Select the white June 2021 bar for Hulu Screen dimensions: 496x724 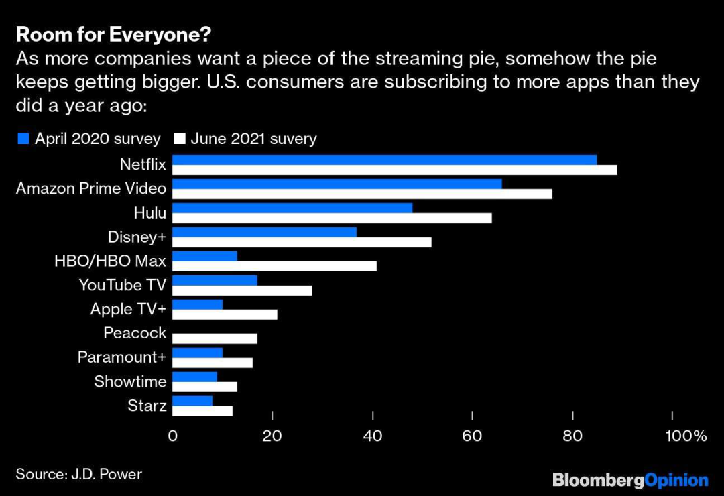pos(332,218)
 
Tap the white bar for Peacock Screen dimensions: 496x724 pos(215,338)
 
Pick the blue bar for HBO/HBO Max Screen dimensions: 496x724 pos(204,256)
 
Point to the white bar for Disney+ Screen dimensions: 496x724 pos(302,242)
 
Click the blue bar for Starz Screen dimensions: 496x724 pos(192,401)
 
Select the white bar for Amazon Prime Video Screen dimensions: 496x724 pos(362,194)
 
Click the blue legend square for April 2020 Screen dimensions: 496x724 pos(23,139)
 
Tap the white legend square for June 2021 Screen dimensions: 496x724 pos(179,139)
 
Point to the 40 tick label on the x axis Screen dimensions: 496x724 pos(372,436)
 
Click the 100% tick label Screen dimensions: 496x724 pos(686,436)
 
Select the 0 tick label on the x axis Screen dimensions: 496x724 pos(173,436)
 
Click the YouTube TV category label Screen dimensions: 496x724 pos(122,285)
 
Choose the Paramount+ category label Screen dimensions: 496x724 pos(121,357)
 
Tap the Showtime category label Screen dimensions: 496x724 pos(130,381)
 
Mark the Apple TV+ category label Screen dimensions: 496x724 pos(128,309)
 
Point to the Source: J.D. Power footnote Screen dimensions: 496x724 pos(79,474)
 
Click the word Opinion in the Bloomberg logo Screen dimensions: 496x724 pos(676,480)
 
